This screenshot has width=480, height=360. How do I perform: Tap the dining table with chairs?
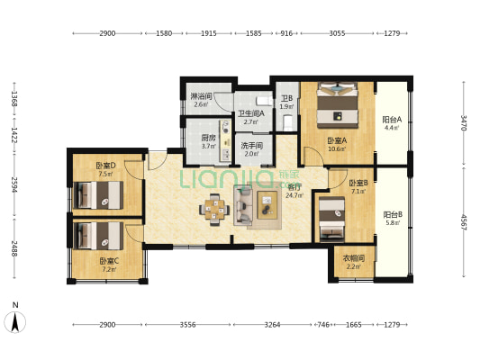tap(215, 210)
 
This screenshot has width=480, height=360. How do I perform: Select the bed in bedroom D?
tap(100, 193)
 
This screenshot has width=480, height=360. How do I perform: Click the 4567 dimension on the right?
tap(464, 221)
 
